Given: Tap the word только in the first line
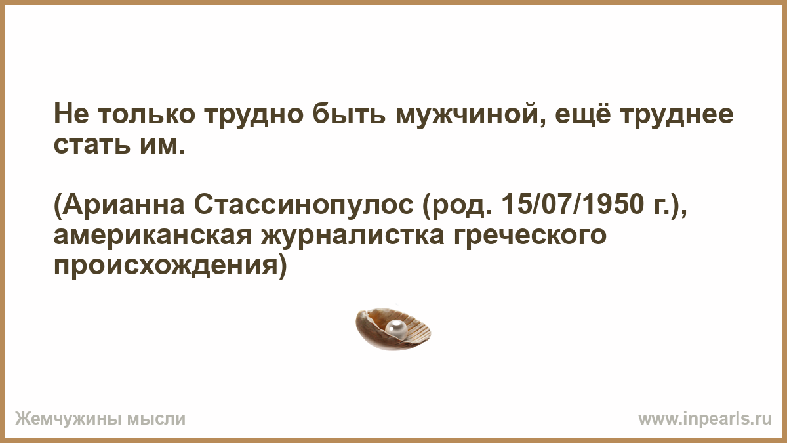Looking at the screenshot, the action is pyautogui.click(x=146, y=115).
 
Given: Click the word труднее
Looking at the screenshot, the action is pyautogui.click(x=676, y=115).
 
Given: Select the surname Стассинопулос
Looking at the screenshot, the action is pyautogui.click(x=304, y=205).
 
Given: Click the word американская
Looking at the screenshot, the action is pyautogui.click(x=153, y=236).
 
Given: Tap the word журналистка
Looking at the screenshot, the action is pyautogui.click(x=353, y=236).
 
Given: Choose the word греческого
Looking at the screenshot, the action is pyautogui.click(x=530, y=236).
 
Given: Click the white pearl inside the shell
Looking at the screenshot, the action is pyautogui.click(x=396, y=329).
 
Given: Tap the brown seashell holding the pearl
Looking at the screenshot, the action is pyautogui.click(x=393, y=329).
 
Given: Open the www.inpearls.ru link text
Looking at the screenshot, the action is pyautogui.click(x=705, y=419).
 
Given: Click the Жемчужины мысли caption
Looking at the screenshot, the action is pyautogui.click(x=100, y=419).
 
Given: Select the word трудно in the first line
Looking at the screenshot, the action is pyautogui.click(x=254, y=116).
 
